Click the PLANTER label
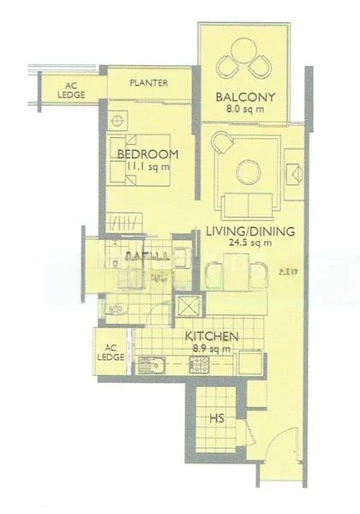pyautogui.click(x=148, y=83)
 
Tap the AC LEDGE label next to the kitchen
pyautogui.click(x=110, y=353)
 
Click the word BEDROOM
pyautogui.click(x=147, y=153)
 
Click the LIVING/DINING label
pyautogui.click(x=250, y=230)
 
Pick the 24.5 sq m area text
pyautogui.click(x=250, y=243)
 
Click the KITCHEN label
pyautogui.click(x=211, y=337)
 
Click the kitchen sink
pyautogui.click(x=156, y=368)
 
